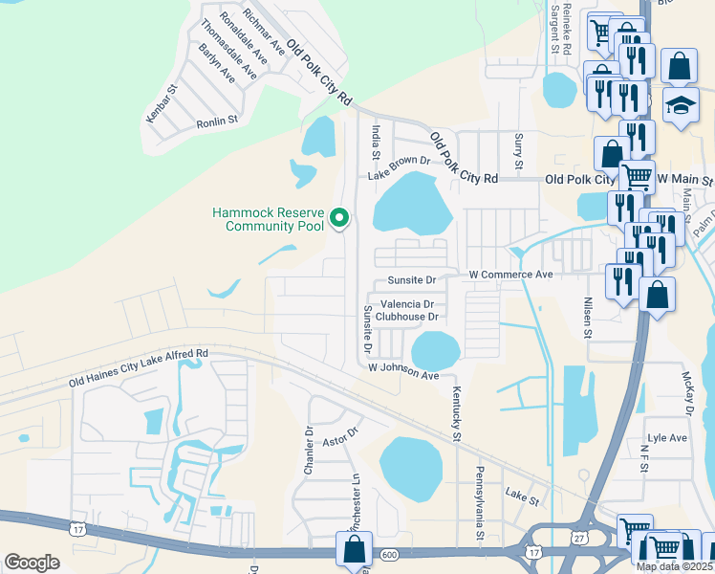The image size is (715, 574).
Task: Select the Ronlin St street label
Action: [x=216, y=122]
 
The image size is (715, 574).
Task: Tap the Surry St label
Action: [x=519, y=152]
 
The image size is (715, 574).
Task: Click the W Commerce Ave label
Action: [x=511, y=275]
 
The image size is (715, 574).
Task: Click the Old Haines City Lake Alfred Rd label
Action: [x=138, y=368]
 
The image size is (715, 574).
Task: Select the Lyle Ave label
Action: [x=667, y=438]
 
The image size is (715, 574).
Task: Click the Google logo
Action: [x=32, y=563]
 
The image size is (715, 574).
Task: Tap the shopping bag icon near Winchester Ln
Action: [x=354, y=549]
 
